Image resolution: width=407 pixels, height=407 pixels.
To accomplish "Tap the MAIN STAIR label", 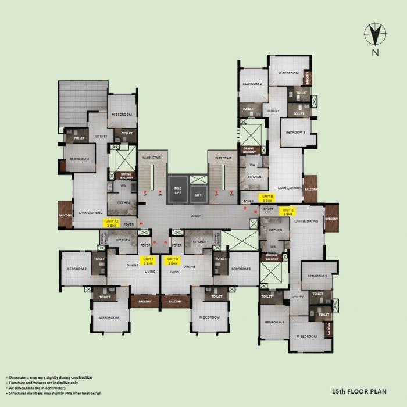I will tap(152, 158).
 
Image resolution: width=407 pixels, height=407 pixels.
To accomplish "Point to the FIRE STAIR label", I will tap(223, 158).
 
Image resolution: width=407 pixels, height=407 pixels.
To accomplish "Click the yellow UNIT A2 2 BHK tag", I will tap(112, 223).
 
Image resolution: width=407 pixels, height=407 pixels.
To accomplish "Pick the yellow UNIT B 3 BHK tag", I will tap(267, 198).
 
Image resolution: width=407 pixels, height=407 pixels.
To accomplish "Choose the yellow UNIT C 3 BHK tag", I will tap(288, 212).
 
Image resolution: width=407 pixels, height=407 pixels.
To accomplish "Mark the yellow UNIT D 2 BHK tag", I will tap(172, 260).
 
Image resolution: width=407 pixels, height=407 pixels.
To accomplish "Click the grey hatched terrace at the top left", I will tap(83, 99).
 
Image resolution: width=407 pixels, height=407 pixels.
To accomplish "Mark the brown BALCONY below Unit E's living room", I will tap(145, 301).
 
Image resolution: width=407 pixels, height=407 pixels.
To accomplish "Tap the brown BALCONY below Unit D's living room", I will tap(176, 301).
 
